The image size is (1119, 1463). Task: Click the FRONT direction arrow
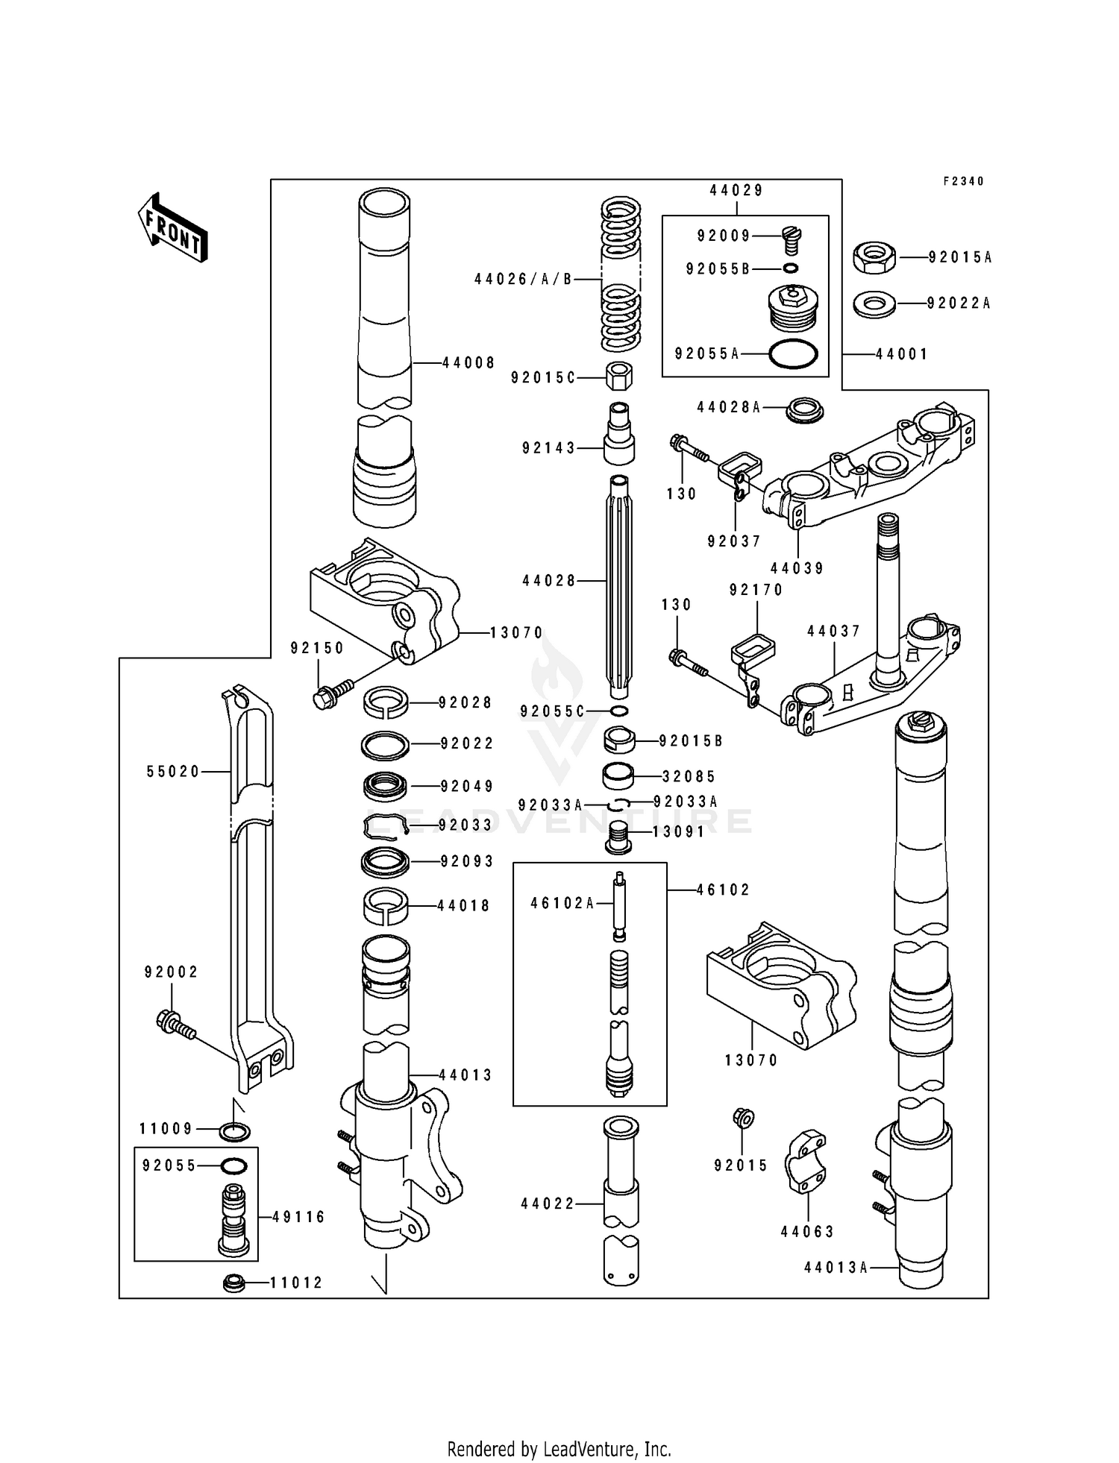click(172, 227)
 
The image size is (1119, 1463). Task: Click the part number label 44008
click(468, 363)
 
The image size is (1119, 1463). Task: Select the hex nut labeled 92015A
click(874, 258)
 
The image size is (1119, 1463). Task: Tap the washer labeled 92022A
click(874, 303)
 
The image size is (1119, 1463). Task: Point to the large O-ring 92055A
click(793, 354)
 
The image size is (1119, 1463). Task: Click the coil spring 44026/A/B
click(621, 275)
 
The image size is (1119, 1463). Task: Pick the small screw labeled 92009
click(792, 240)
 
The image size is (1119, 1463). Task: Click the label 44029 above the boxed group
click(736, 190)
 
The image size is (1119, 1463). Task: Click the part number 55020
click(174, 772)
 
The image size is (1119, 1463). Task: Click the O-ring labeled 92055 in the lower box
click(234, 1165)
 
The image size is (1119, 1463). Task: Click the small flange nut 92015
click(744, 1118)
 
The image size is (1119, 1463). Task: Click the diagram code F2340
click(964, 181)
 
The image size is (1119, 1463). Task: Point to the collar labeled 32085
click(618, 776)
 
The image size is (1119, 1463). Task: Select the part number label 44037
click(834, 632)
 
